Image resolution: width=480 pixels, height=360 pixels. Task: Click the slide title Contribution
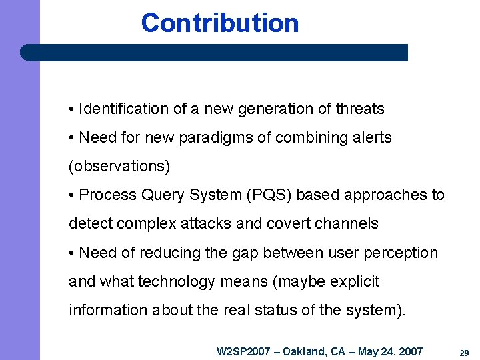220,23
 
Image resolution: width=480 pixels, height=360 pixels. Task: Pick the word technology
175,282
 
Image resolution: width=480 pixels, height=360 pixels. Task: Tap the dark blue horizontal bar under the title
213,53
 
